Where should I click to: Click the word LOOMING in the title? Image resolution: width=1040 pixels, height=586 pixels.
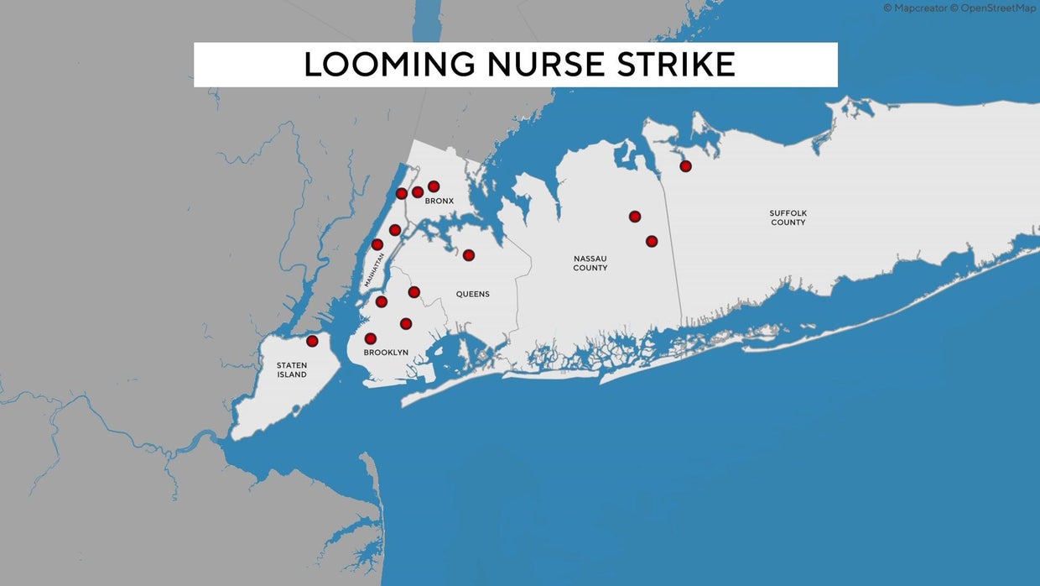388,65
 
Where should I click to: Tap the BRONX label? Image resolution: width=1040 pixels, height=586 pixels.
439,201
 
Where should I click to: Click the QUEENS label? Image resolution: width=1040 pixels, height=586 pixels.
472,294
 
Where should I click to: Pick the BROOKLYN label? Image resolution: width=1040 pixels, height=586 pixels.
386,353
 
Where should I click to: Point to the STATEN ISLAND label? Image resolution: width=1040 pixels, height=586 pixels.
292,370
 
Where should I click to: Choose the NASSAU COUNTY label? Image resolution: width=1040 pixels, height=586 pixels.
590,263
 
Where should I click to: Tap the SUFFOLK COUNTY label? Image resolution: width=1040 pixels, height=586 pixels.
788,217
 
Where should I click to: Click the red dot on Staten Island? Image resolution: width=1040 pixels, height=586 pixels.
312,341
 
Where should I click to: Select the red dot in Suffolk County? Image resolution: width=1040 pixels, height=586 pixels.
685,166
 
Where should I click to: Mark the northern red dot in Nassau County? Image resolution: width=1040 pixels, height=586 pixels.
635,217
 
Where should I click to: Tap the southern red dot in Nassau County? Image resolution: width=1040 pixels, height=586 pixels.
652,241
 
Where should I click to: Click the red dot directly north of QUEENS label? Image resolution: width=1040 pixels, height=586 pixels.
469,255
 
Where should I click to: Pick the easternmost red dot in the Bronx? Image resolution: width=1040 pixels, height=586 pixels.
434,186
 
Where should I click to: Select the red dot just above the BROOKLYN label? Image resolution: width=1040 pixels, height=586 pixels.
370,338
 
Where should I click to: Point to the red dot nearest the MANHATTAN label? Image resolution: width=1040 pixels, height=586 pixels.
377,244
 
